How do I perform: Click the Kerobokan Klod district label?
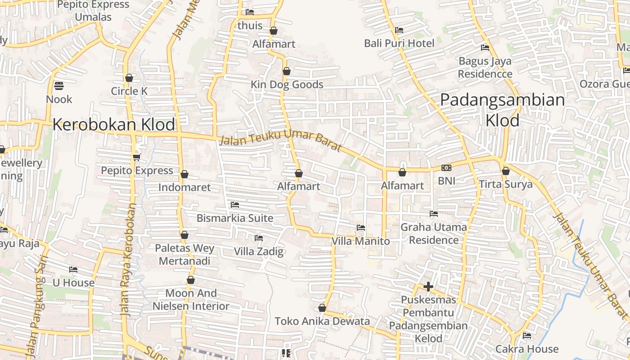click(114, 125)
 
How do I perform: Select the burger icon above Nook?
click(59, 85)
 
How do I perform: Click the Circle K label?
click(129, 91)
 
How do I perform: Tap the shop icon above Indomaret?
click(184, 174)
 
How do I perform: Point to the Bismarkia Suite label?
click(234, 218)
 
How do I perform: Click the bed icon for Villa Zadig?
click(259, 238)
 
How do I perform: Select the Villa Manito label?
click(360, 241)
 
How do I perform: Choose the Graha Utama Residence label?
click(433, 234)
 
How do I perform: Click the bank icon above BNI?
click(446, 168)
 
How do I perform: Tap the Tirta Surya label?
click(505, 184)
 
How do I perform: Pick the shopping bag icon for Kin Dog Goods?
click(287, 72)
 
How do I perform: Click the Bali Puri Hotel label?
click(399, 44)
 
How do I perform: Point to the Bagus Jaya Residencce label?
click(485, 67)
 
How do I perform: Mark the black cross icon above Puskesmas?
click(428, 286)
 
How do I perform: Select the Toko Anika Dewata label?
click(322, 321)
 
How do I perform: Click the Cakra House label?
click(526, 349)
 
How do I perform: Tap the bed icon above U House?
click(73, 270)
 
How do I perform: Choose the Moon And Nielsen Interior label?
click(191, 300)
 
